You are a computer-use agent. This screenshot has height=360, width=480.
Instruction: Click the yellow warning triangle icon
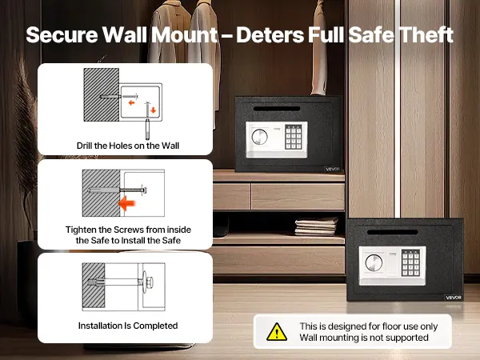coord(277,332)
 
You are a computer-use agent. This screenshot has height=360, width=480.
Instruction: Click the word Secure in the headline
coord(62,34)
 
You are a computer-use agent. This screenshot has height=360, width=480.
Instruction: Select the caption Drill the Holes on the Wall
coord(128,146)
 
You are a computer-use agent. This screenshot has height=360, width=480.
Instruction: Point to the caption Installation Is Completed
coord(128,326)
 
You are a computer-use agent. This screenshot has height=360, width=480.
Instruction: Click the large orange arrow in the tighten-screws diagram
coord(127,203)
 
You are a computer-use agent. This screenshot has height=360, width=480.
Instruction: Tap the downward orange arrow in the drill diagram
coord(154,110)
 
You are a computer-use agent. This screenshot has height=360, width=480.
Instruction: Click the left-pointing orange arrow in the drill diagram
coord(132,102)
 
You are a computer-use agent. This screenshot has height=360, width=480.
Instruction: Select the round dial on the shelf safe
coord(259,137)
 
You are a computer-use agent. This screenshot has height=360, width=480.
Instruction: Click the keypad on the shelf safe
coord(294,137)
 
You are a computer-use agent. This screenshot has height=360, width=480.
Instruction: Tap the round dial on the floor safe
coord(374,262)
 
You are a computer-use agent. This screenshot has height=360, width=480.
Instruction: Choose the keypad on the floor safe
coord(410,263)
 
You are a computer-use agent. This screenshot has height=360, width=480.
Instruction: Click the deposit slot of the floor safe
coord(393,232)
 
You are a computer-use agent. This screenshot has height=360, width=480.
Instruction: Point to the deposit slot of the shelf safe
coord(277,109)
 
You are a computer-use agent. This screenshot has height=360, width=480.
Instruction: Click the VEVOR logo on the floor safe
coord(454,298)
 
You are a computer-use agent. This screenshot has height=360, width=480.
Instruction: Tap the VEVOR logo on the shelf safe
coord(333,169)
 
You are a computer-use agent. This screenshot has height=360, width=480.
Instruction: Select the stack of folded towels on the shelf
coord(316,226)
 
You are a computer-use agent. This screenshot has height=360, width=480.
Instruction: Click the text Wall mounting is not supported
coord(364,338)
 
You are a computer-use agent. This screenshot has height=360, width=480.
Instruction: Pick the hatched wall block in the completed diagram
coord(94,286)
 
